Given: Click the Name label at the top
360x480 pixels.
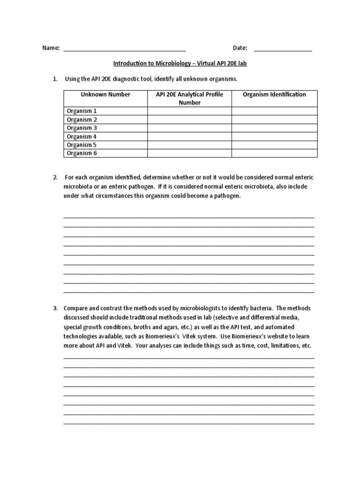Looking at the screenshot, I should tap(51, 48).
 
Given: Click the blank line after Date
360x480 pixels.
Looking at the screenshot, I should tap(283, 49).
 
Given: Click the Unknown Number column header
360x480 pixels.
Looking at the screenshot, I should tap(105, 95).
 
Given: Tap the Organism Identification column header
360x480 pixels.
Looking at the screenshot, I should tap(274, 95).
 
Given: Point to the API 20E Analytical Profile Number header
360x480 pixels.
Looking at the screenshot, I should tap(189, 98).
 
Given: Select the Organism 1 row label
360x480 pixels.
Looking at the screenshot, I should tap(82, 111).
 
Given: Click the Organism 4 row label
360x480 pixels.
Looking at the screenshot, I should tap(82, 136).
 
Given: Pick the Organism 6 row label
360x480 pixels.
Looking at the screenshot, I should tap(82, 153).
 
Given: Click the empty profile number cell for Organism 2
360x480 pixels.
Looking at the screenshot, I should tap(189, 120).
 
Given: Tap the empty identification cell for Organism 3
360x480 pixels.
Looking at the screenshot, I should tap(274, 128).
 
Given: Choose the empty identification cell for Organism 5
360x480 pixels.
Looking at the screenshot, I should tap(274, 145).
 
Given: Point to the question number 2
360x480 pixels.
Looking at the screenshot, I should tap(55, 177).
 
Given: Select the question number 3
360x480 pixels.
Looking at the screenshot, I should tap(55, 308).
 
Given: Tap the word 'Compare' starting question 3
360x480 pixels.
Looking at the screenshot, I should tap(75, 308).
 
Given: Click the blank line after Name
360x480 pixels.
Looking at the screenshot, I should tap(124, 49).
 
